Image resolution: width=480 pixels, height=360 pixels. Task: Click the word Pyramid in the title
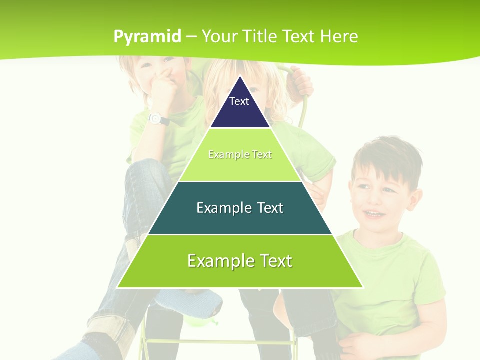pos(147,37)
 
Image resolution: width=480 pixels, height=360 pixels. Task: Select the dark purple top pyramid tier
pos(240,107)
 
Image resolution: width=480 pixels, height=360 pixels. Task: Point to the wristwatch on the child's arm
pos(156,118)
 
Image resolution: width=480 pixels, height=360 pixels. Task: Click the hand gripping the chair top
pos(301,80)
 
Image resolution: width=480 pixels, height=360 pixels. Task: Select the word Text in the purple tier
pos(239,101)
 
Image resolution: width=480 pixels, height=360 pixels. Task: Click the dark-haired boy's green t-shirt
pos(395,280)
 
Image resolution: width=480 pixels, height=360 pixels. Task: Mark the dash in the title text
pos(191,37)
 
